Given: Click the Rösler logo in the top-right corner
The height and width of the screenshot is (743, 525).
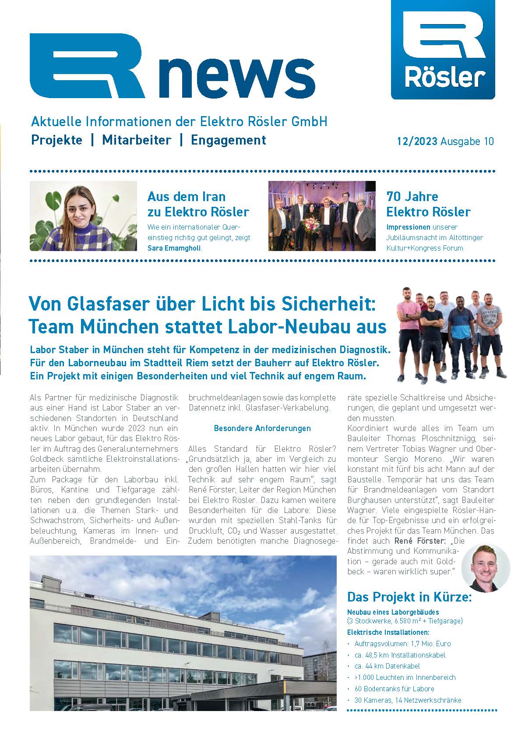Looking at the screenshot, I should pos(443,49).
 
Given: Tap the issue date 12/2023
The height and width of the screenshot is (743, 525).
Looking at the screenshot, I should pos(417,142).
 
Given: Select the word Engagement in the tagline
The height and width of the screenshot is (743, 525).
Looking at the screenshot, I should pos(229,140).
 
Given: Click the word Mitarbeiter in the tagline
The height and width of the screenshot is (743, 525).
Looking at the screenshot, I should pos(136,140).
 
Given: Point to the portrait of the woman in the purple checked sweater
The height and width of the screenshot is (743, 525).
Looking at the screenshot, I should pos(83,216).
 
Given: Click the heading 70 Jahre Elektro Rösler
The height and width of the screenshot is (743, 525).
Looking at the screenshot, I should pos(428,204).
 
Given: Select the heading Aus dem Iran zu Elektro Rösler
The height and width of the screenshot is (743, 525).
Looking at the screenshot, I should pos(198,204).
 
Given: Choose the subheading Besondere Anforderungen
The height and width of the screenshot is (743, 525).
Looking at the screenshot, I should pos(262,428).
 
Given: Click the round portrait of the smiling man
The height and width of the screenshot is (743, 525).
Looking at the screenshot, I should pos(486,568).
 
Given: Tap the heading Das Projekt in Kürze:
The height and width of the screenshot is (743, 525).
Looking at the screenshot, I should pos(409,597).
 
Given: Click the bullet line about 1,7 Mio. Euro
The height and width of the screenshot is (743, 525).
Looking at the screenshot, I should pos(402,644).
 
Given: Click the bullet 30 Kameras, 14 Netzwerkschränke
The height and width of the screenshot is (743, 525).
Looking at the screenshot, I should pos(408,700).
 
